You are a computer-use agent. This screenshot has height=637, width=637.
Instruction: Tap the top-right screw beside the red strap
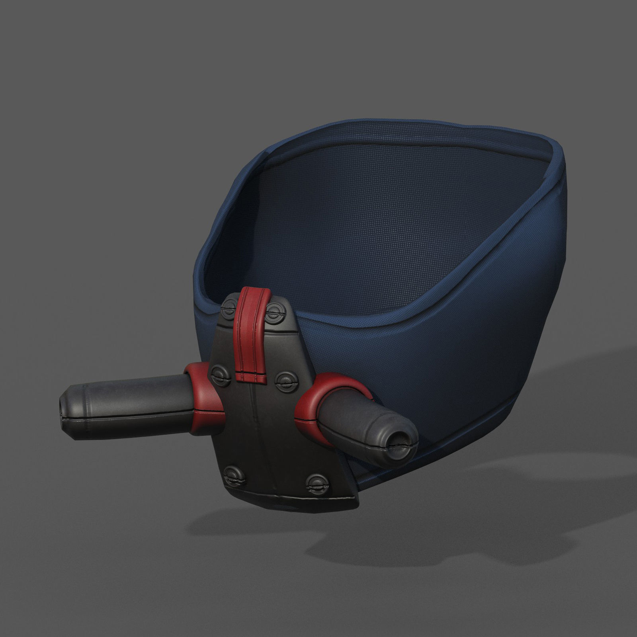tap(274, 309)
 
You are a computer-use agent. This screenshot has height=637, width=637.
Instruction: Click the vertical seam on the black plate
tap(255, 430)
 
